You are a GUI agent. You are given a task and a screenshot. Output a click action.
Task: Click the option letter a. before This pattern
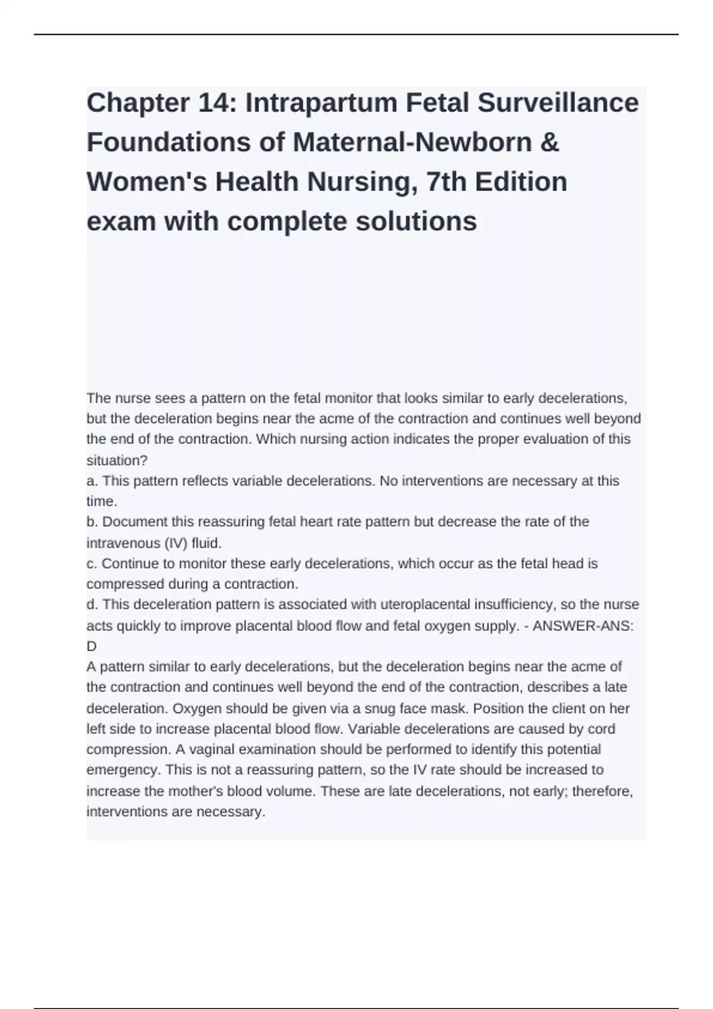(92, 481)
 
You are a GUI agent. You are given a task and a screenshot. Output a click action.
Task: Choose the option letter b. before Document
(92, 522)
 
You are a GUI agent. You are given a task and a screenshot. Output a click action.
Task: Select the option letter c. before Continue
(92, 563)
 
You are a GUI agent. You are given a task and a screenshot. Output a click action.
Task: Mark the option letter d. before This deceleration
(92, 604)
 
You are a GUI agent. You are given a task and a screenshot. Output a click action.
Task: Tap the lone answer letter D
(92, 646)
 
